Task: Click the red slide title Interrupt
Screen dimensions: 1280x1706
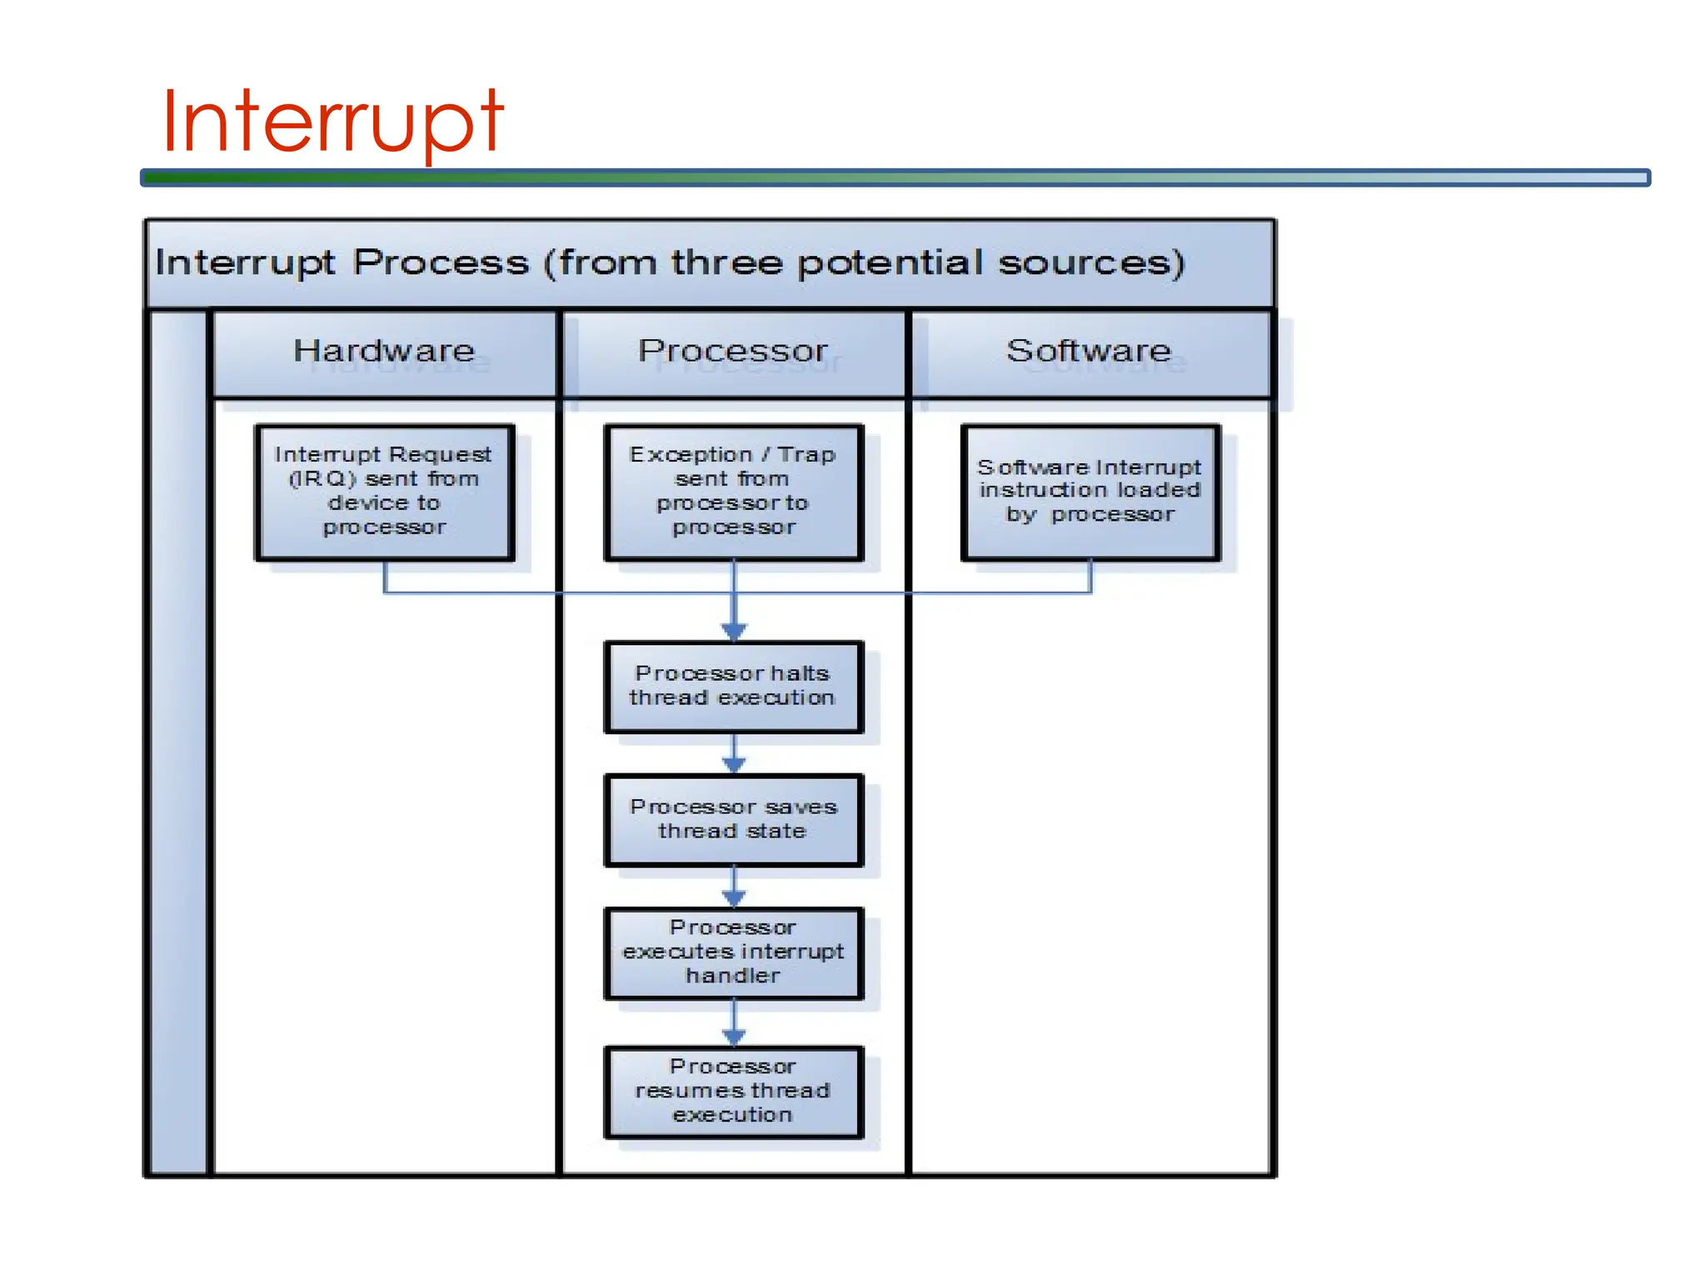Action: (332, 122)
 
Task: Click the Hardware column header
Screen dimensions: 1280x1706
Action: (384, 351)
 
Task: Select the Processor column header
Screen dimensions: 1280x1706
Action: (733, 351)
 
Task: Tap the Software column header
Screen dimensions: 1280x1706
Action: (1089, 351)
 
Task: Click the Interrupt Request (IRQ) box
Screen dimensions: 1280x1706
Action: (384, 492)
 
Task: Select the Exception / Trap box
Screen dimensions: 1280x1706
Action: (733, 492)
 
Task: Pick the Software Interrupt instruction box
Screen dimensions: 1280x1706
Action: (1090, 492)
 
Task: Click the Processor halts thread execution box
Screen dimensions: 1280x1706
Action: (733, 686)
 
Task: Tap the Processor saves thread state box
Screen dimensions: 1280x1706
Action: (733, 819)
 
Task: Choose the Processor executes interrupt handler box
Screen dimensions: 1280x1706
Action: (733, 952)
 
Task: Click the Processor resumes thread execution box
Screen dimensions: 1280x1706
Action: (733, 1091)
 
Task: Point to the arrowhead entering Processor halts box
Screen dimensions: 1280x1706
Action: (734, 632)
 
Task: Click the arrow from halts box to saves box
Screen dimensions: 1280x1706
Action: (734, 754)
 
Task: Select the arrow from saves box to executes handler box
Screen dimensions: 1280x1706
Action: (734, 887)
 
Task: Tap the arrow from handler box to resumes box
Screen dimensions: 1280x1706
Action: (734, 1023)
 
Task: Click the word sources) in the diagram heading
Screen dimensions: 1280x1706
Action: (1091, 263)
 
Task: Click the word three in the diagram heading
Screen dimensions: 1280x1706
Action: (726, 263)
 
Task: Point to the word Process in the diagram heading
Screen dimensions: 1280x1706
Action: (441, 263)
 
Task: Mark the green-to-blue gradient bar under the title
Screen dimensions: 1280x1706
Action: (895, 177)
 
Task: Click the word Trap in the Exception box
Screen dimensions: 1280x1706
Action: (806, 455)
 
